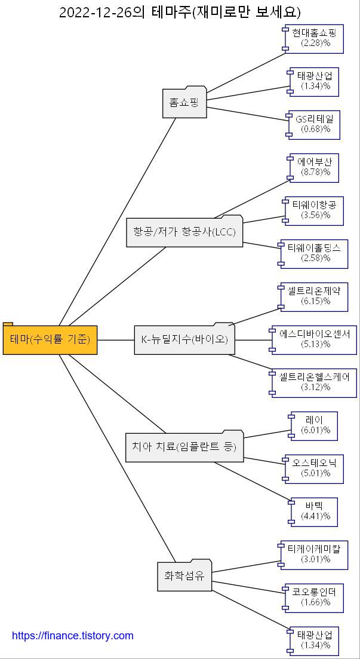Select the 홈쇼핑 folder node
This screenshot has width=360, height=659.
(x=184, y=103)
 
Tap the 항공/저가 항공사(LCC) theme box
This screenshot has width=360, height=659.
(x=184, y=232)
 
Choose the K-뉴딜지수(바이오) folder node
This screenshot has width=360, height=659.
(x=184, y=339)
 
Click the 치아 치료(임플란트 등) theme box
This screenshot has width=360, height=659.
(x=184, y=446)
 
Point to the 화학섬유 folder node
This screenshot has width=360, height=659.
(x=184, y=576)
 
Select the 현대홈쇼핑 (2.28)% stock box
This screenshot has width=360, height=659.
(x=315, y=38)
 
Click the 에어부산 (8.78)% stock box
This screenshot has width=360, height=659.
(x=315, y=167)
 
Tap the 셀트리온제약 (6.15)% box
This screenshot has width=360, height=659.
(x=314, y=296)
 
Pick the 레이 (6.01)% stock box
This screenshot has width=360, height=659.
(x=314, y=425)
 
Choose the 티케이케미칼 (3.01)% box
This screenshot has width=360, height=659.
(x=314, y=554)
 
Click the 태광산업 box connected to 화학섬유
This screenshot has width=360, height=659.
(x=314, y=640)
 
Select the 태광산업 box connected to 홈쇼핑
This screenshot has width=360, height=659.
(x=314, y=81)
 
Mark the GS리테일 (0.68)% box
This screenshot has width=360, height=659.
(x=314, y=124)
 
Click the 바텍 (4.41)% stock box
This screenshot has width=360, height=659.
(x=314, y=511)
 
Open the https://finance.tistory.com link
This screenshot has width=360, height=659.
(x=73, y=636)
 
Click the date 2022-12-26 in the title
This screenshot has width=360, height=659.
(x=96, y=12)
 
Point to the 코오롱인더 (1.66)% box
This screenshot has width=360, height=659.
(x=314, y=597)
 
